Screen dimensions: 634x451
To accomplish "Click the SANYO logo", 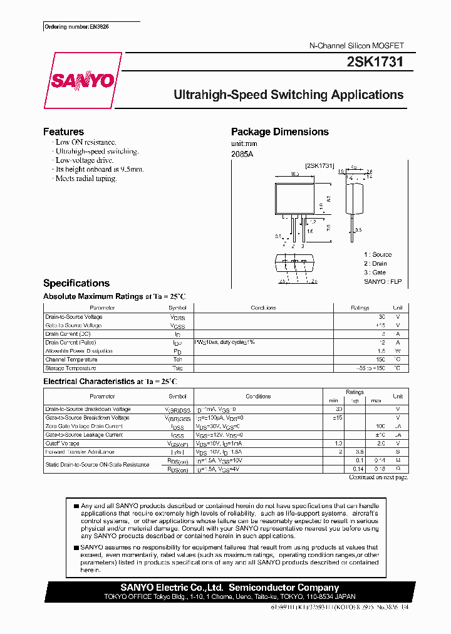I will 82,81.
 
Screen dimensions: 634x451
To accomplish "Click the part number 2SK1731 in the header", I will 375,62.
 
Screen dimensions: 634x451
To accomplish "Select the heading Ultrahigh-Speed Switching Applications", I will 288,95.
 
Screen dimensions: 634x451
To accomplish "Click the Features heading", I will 63,132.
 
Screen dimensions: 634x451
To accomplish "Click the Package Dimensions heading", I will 279,132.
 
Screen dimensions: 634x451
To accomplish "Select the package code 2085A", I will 242,154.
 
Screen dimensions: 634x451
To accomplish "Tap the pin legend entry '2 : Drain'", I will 376,264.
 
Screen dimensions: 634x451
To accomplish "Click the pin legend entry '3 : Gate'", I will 375,273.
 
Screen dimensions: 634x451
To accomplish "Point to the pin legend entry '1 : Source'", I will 378,254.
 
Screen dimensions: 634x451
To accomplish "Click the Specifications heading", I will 76,283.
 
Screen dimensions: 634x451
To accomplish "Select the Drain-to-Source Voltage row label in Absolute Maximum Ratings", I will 74,317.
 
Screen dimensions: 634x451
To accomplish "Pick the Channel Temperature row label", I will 71,360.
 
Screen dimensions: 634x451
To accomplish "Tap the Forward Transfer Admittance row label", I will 80,452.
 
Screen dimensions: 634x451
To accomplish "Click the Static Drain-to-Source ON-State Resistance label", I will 97,464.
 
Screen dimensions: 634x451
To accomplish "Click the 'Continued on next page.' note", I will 378,477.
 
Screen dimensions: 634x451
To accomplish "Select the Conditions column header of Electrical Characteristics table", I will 258,397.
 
